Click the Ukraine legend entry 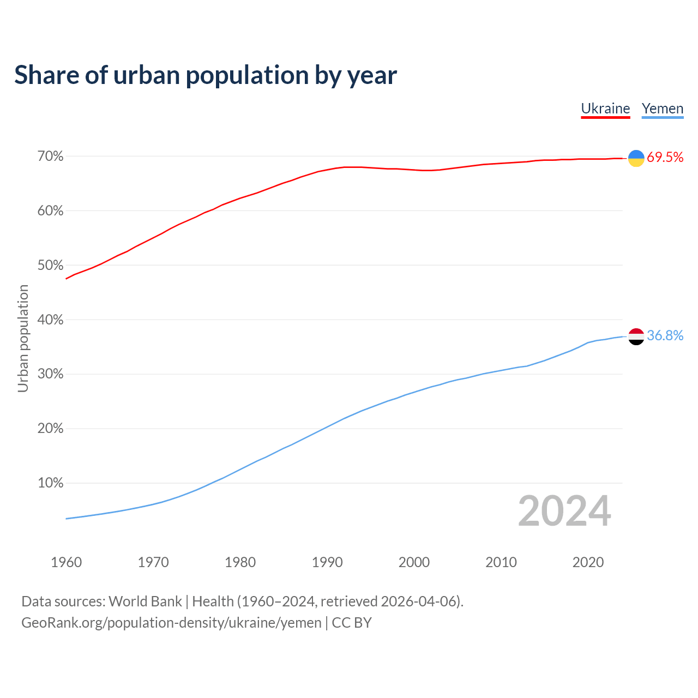pyautogui.click(x=605, y=109)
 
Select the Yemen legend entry pyautogui.click(x=663, y=109)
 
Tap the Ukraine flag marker pyautogui.click(x=636, y=158)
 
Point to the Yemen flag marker pyautogui.click(x=636, y=336)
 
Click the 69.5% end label pyautogui.click(x=665, y=158)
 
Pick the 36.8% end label pyautogui.click(x=665, y=336)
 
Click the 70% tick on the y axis pyautogui.click(x=51, y=157)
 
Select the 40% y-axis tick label pyautogui.click(x=51, y=320)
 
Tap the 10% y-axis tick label pyautogui.click(x=51, y=483)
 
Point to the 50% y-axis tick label pyautogui.click(x=51, y=266)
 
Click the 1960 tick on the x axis pyautogui.click(x=66, y=562)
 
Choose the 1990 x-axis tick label pyautogui.click(x=327, y=562)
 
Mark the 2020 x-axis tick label pyautogui.click(x=588, y=562)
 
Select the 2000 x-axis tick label pyautogui.click(x=414, y=562)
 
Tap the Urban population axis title pyautogui.click(x=23, y=338)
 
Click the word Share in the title pyautogui.click(x=46, y=75)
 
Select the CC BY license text pyautogui.click(x=352, y=623)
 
